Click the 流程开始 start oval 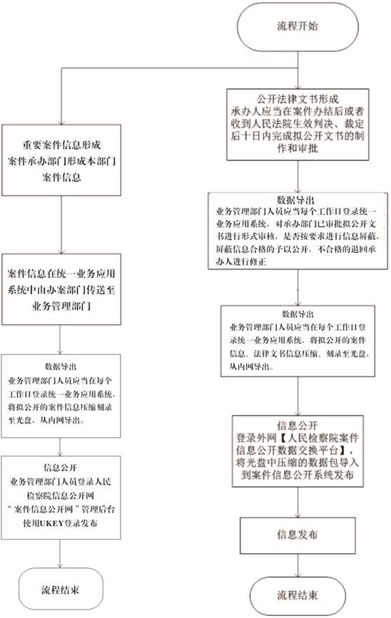click(298, 27)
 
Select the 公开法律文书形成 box click(298, 124)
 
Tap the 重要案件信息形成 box click(61, 160)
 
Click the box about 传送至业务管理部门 click(61, 289)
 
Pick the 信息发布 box click(298, 535)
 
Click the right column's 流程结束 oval click(298, 595)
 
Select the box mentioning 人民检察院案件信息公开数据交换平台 click(298, 451)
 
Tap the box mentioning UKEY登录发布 click(61, 498)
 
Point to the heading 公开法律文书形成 click(298, 98)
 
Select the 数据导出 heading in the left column click(61, 366)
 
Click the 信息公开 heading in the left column click(61, 468)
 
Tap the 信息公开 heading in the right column click(298, 426)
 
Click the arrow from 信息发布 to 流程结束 click(298, 565)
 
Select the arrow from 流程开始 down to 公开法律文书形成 click(298, 70)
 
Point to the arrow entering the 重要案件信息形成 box click(61, 96)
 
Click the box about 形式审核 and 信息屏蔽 click(298, 231)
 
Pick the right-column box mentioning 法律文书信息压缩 click(298, 341)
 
